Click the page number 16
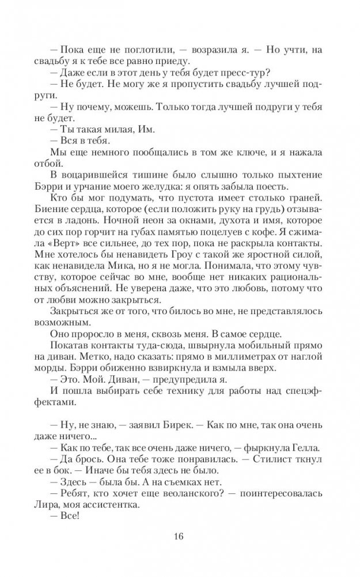pos(180,538)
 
